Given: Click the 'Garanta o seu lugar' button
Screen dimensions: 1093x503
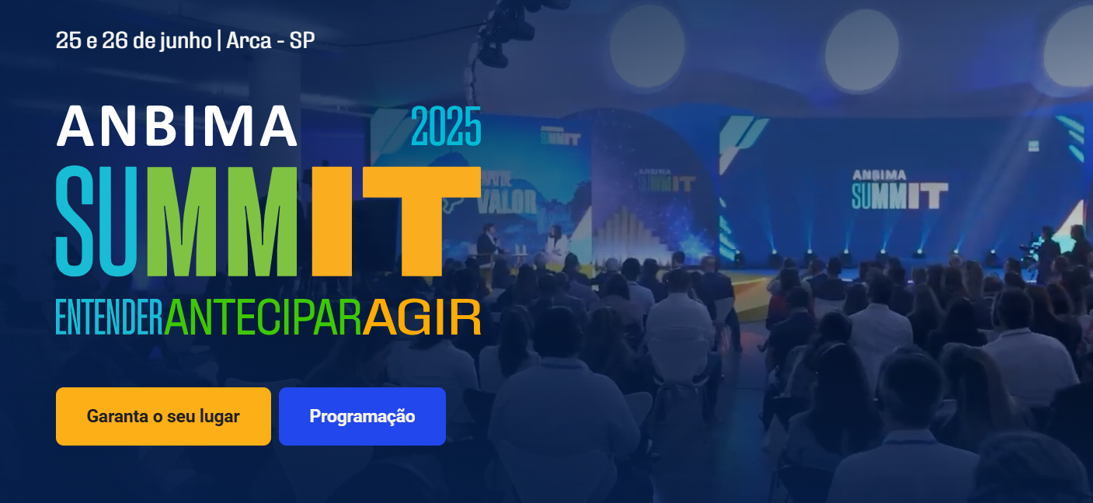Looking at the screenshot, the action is coord(163,416).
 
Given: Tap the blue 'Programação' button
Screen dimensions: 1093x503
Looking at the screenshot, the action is coord(362,416).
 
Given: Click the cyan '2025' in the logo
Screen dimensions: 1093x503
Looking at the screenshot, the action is coord(446,127).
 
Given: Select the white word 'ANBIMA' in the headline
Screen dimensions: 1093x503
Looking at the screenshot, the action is coord(176,126).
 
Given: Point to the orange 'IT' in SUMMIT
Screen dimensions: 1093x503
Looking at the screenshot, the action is coord(396,221).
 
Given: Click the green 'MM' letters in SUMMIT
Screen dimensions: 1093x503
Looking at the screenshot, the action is coord(222,221).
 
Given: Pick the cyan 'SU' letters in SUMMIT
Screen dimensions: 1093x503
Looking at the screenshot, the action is coord(96,221).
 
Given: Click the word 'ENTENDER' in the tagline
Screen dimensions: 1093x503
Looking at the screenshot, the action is coord(109,317).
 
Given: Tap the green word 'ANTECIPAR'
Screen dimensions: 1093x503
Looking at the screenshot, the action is coord(263,317).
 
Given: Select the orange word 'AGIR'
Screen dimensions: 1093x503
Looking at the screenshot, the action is coord(422,317).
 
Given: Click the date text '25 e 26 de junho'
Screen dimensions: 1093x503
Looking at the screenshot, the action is coord(134,40).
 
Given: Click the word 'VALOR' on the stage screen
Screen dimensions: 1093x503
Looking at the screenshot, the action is coord(506,201).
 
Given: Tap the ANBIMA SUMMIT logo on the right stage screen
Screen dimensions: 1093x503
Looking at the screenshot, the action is coord(900,189).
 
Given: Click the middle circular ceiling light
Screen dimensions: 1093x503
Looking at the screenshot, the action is coord(862,50).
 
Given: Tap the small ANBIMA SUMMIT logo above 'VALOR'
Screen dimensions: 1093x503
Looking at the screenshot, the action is coord(560,136).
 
